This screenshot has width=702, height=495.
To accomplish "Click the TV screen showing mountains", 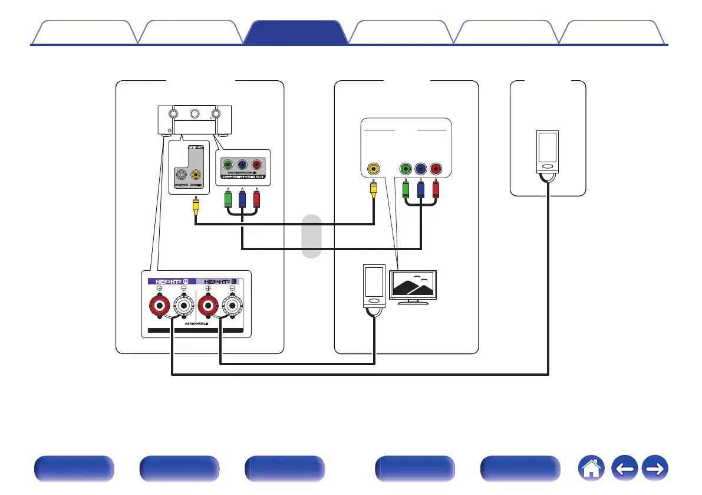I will pos(413,286).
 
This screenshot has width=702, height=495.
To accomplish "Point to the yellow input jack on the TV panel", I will pos(373,169).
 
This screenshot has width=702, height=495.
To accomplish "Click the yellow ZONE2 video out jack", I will pos(195,175).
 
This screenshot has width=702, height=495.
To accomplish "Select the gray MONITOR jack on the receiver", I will pos(181,175).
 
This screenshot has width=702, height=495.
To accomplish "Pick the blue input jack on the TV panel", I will pos(420,169).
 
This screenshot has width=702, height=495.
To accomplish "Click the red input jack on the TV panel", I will pos(436,169).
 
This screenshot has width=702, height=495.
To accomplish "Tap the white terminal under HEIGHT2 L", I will pos(232,307).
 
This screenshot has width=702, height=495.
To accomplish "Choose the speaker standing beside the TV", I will pos(374,287).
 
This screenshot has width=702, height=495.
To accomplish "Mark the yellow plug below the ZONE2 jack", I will pos(195,205).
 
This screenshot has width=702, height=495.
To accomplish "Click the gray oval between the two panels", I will pos(311,237).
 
